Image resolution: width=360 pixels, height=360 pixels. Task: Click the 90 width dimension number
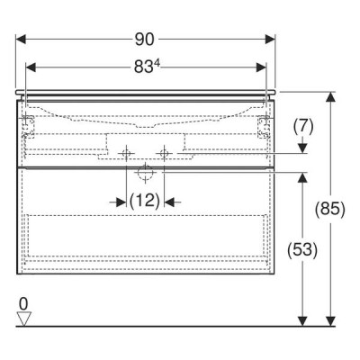[x=144, y=40]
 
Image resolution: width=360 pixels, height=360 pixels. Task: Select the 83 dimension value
[x=142, y=67]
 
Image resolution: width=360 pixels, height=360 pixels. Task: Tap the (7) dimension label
[x=303, y=127]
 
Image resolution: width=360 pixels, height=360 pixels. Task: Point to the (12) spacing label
[x=145, y=201]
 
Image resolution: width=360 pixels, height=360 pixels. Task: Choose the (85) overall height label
[x=330, y=208]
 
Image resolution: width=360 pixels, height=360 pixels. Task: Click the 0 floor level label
[x=23, y=304]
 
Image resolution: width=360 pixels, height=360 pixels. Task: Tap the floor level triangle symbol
[x=24, y=319]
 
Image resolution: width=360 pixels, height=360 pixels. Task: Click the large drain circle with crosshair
[x=145, y=173]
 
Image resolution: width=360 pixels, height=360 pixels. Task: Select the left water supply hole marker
[x=126, y=153]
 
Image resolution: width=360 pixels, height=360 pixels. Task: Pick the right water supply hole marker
[x=164, y=153]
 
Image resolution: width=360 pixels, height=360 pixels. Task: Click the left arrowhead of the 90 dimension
[x=21, y=40]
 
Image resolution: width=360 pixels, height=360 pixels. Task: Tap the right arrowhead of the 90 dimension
[x=270, y=40]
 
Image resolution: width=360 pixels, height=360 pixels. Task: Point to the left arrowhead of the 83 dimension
[x=31, y=67]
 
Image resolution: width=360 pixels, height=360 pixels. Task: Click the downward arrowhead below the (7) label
[x=303, y=148]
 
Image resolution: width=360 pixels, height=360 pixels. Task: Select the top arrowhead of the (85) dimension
[x=330, y=97]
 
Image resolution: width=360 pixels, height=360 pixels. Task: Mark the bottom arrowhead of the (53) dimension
[x=303, y=320]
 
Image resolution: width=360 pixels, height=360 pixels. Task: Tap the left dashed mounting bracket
[x=29, y=127]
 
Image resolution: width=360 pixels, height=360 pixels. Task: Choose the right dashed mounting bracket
[x=264, y=127]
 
